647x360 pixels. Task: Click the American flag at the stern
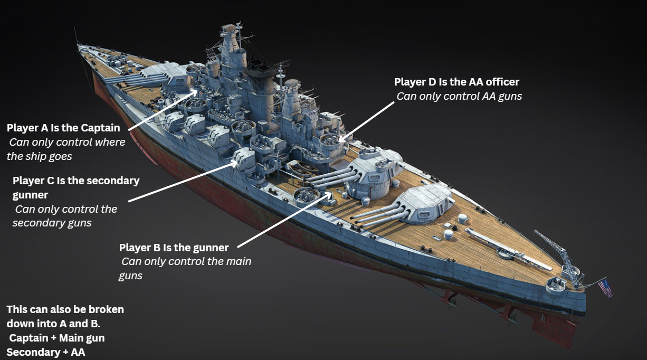pos(605,288)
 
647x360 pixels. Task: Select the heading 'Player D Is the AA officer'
pos(456,82)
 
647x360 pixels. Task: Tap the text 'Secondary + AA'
pos(46,352)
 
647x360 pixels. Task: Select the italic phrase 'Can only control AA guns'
pos(459,96)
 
